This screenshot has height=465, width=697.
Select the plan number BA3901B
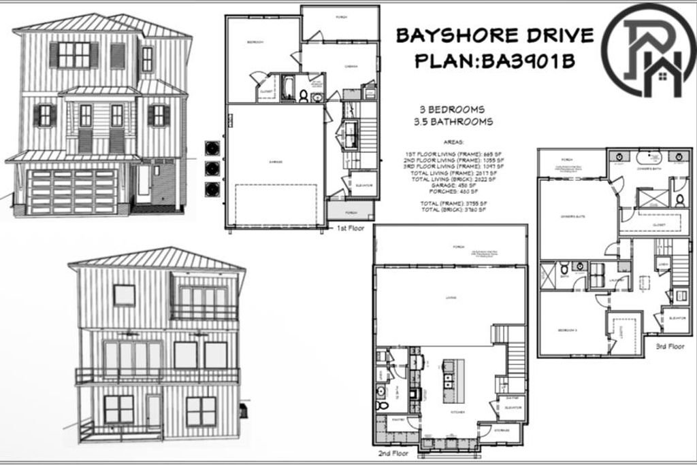click(x=528, y=62)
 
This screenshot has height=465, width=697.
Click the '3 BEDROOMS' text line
click(x=453, y=109)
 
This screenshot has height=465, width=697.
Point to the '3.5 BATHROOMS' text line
click(x=453, y=122)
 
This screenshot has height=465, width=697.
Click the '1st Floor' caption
click(x=351, y=229)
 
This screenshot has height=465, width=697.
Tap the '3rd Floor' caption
click(x=670, y=346)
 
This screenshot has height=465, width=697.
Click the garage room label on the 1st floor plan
click(x=276, y=162)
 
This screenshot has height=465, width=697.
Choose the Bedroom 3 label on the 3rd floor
click(x=568, y=330)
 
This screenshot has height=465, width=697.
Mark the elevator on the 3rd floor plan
click(x=676, y=318)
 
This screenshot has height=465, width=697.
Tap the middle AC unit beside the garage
click(x=214, y=168)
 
